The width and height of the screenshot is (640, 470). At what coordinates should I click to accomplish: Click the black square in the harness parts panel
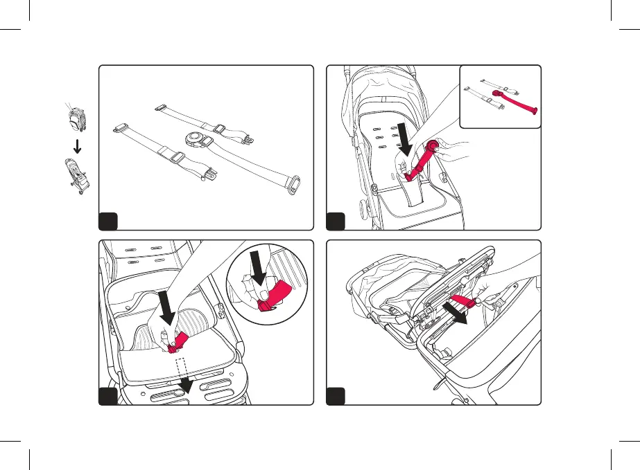108,221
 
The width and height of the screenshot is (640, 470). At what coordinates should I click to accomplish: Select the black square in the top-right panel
335,221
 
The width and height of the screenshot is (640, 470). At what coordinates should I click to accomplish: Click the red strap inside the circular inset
274,296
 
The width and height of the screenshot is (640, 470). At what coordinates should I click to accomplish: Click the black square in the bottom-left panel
108,396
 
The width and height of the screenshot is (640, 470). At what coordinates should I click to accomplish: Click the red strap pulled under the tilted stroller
460,301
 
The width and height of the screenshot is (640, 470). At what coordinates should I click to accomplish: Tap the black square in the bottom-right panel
335,396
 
